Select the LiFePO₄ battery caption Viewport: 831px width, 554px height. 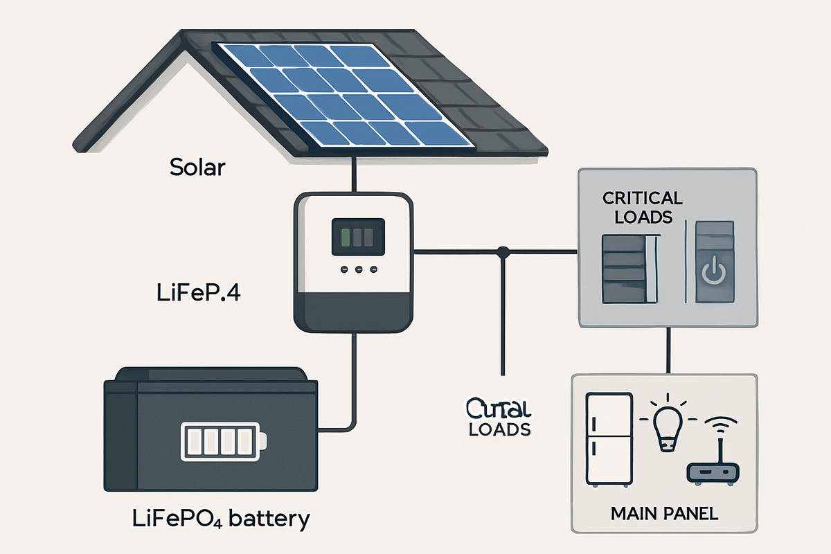click(x=220, y=518)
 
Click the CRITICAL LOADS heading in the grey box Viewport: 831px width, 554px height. click(x=642, y=206)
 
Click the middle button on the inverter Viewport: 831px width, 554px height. click(x=357, y=269)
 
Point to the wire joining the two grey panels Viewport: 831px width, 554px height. click(x=668, y=351)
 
